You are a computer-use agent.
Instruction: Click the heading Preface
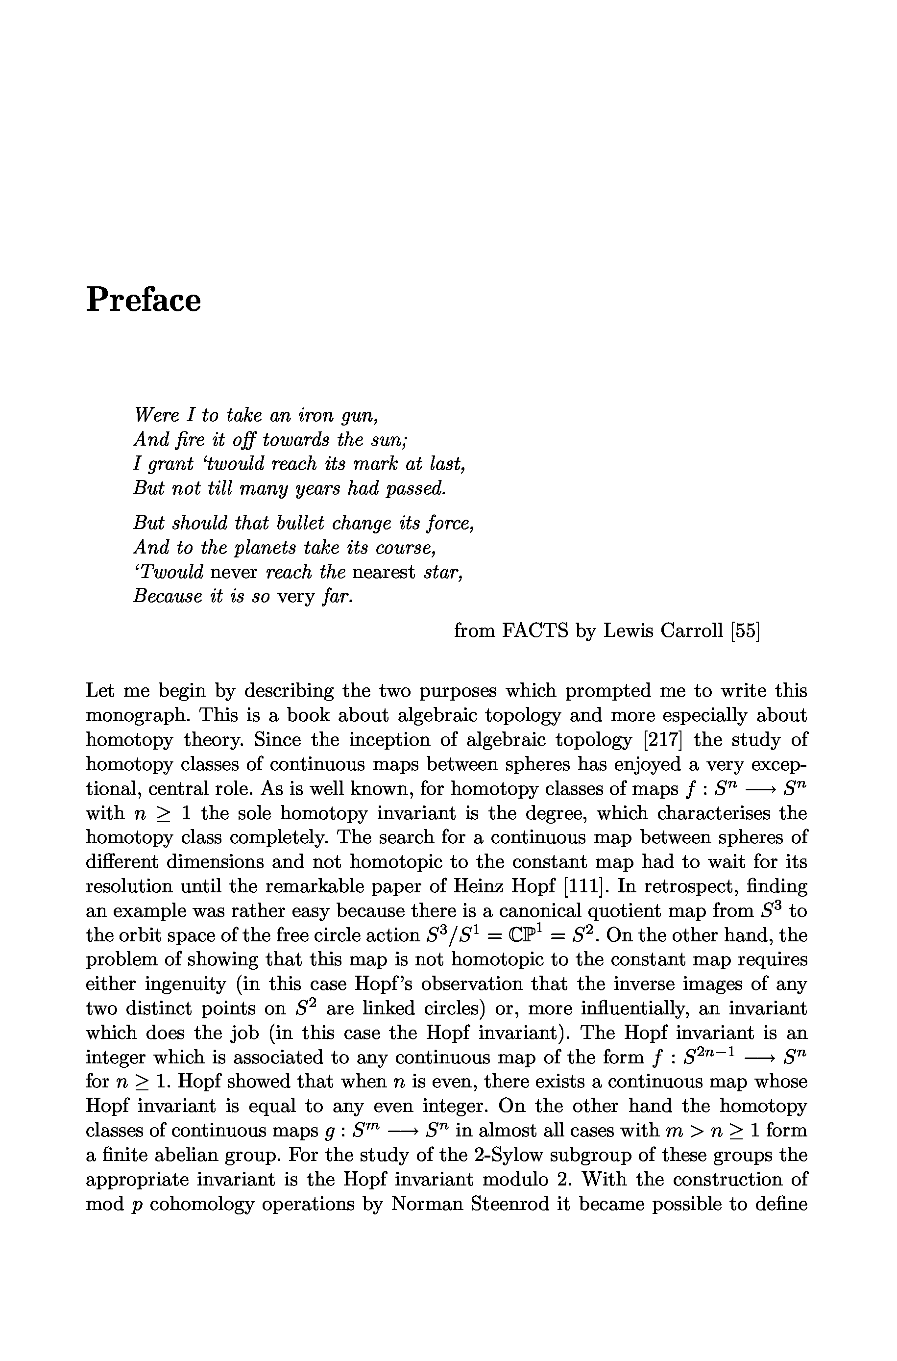pyautogui.click(x=143, y=300)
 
